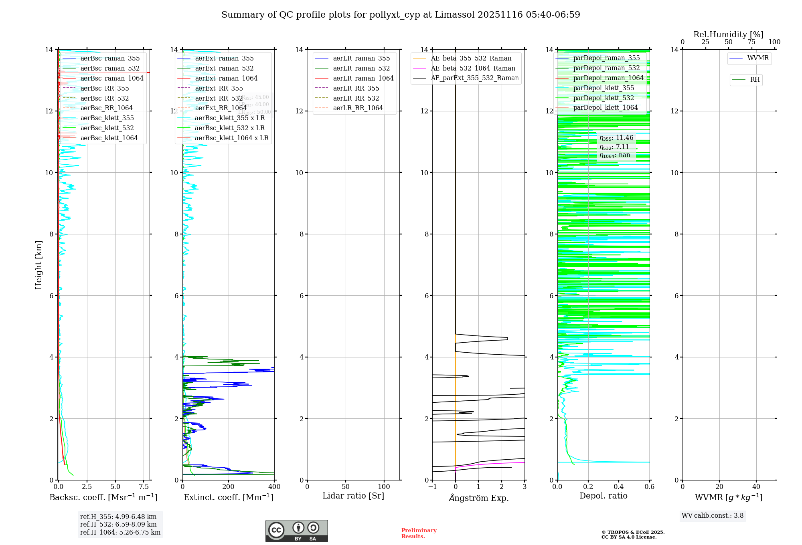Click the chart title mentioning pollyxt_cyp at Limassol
[401, 15]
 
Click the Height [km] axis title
[38, 264]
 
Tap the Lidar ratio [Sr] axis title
[353, 496]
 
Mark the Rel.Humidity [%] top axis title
[728, 34]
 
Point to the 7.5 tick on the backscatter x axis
[144, 486]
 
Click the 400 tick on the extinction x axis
[274, 486]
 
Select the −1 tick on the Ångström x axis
[432, 486]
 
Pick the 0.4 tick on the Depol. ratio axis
[619, 486]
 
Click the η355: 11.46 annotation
[616, 138]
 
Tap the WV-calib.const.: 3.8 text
[712, 515]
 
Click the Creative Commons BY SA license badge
[296, 531]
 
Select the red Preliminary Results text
[419, 533]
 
